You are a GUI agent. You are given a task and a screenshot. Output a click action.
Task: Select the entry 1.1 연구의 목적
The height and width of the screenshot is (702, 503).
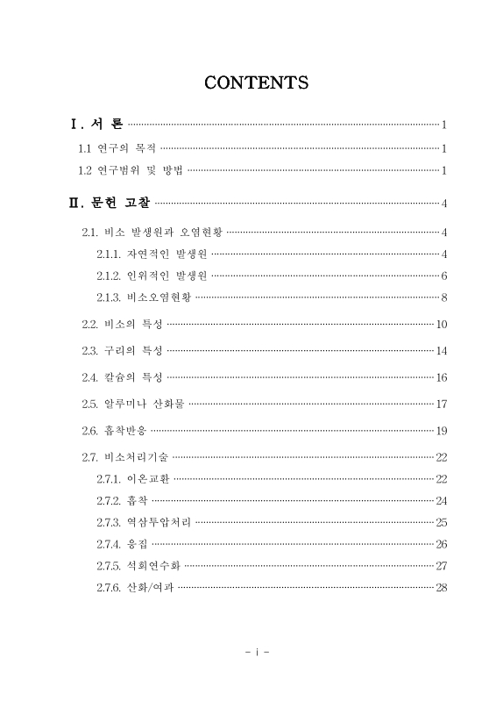[118, 148]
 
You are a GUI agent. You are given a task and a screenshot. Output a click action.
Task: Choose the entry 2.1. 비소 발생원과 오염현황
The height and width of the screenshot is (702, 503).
[152, 233]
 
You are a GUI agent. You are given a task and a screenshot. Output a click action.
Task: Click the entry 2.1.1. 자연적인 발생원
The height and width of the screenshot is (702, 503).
[152, 254]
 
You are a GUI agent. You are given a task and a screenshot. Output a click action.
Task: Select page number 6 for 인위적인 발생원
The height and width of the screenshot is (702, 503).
[444, 276]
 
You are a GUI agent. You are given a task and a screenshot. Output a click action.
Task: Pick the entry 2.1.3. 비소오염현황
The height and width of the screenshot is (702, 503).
[144, 297]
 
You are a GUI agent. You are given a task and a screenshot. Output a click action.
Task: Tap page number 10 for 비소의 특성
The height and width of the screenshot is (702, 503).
[442, 325]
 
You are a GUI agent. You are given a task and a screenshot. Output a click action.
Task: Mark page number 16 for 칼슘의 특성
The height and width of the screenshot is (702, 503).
[442, 377]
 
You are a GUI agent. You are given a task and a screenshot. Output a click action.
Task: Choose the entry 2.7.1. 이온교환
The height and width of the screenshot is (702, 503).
[134, 478]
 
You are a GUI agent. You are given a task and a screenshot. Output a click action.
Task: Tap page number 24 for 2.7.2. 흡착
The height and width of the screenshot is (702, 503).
[442, 500]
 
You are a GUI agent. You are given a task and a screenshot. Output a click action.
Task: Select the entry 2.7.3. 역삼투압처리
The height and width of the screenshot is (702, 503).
[144, 522]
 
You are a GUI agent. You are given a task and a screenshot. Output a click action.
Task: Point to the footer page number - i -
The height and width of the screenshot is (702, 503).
[257, 653]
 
